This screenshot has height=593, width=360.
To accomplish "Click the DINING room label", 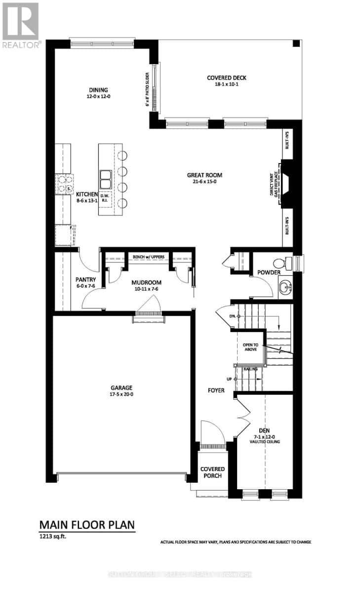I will point(98,90).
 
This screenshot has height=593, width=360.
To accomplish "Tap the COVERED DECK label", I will point(226,78).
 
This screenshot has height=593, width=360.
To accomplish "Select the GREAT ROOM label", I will point(204,175).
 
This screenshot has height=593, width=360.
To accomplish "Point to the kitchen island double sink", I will point(106,179).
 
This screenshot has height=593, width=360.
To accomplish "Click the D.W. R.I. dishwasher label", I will point(104,199).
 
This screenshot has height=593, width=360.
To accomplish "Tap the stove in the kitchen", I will point(65,183).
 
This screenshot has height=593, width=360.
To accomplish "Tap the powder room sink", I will point(285,287).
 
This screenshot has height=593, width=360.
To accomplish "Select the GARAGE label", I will point(121,388).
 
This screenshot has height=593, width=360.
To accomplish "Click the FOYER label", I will point(216,390).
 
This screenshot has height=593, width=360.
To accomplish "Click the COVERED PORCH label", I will point(212,472).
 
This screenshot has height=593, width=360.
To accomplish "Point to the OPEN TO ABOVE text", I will point(250,347).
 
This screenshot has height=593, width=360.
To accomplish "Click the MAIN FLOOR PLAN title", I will point(87,524).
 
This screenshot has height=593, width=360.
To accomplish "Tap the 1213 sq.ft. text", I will point(53,535).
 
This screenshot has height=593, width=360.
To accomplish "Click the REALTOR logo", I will point(20,25).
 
